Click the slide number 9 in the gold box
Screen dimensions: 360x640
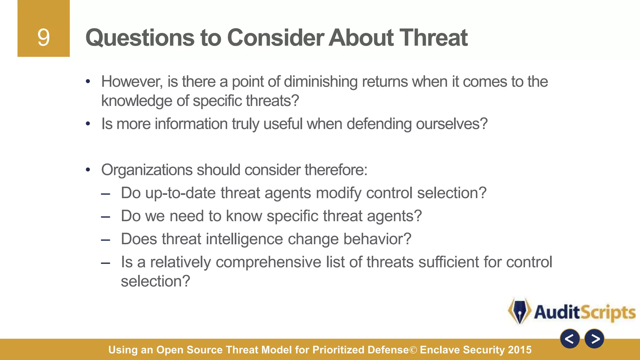click(x=43, y=37)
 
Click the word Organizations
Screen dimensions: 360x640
click(x=147, y=170)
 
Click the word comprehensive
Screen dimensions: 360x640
click(x=268, y=262)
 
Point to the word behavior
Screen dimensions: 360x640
click(x=377, y=239)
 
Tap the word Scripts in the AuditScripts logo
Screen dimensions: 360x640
click(x=608, y=312)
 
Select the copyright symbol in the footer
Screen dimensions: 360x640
click(x=413, y=350)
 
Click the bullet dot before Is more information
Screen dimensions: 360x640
click(x=88, y=124)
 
